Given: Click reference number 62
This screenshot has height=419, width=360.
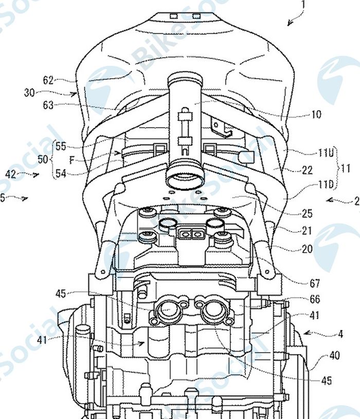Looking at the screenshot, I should [x=48, y=80].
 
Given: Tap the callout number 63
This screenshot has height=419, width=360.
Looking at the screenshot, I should [x=49, y=105].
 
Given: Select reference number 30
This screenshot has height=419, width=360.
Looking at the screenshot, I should [x=30, y=93].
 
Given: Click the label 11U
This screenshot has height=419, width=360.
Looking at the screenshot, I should [x=326, y=153].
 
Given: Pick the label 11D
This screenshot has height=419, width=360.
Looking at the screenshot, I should [x=326, y=184].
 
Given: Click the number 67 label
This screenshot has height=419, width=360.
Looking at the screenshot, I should [x=315, y=283].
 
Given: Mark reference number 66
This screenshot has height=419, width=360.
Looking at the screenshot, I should [x=315, y=299].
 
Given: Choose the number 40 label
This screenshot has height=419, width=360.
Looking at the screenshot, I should [x=334, y=355].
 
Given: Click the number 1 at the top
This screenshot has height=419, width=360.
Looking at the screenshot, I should [x=303, y=5].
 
